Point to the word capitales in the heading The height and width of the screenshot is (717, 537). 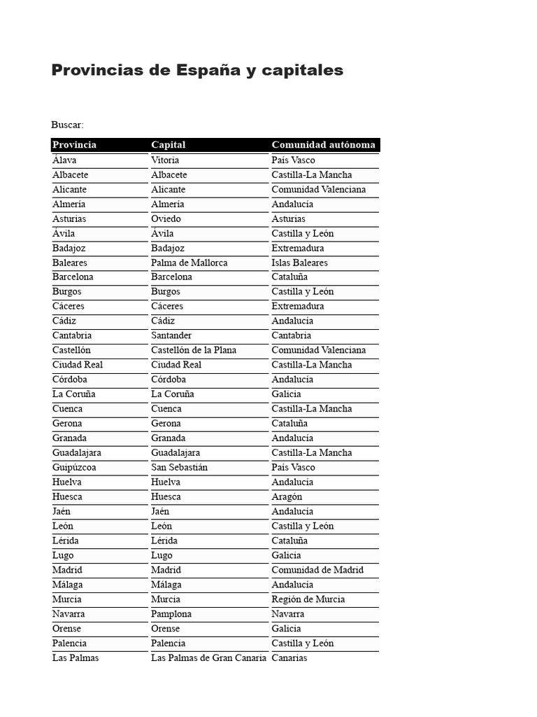click(301, 71)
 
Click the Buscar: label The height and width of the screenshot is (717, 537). click(67, 125)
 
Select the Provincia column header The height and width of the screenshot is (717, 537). click(75, 145)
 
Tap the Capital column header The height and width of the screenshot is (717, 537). click(169, 145)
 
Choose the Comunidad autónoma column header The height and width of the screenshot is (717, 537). click(323, 145)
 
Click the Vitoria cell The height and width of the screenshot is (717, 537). click(165, 160)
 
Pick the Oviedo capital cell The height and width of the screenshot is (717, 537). click(166, 219)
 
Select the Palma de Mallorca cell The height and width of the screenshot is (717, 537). click(189, 263)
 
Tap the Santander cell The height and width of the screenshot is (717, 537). click(171, 335)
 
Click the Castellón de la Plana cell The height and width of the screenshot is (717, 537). click(194, 350)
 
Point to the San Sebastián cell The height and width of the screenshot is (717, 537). click(179, 467)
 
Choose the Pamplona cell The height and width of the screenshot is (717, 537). click(171, 614)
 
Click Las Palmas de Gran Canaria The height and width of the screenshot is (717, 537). click(208, 658)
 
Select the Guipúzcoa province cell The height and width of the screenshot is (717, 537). click(74, 467)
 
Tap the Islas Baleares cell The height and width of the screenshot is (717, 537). click(299, 263)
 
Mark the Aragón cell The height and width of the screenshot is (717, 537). click(287, 496)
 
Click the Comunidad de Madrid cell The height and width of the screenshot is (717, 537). click(317, 570)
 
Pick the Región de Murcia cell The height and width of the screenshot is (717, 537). click(308, 599)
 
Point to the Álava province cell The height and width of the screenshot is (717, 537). click(64, 160)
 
